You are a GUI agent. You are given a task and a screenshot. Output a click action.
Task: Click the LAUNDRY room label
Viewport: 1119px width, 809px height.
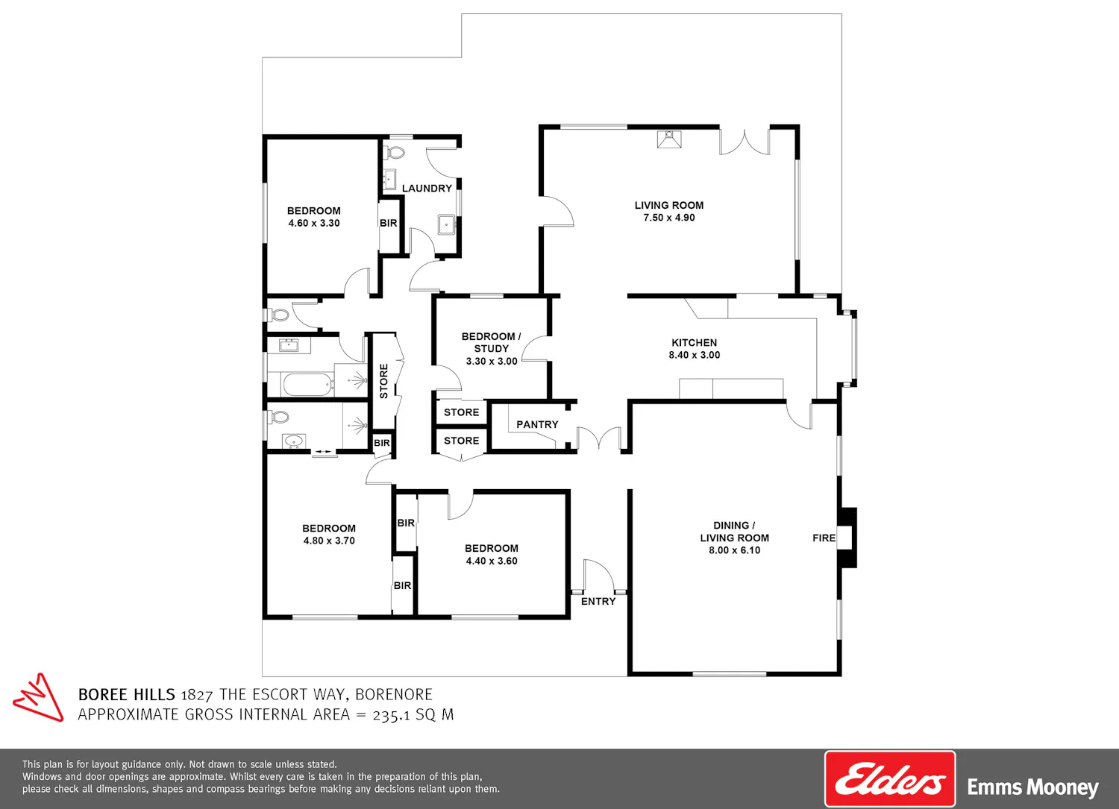pos(427,188)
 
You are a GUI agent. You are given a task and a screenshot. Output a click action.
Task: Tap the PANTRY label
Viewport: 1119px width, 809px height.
pos(537,424)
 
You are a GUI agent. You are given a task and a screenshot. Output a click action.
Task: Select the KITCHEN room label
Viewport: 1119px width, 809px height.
pos(694,342)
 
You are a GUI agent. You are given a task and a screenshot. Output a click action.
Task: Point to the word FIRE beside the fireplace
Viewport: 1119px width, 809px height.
pos(824,538)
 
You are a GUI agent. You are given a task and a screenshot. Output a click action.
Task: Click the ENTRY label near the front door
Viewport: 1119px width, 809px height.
pos(598,601)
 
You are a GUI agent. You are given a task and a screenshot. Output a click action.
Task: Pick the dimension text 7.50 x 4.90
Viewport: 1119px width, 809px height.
pos(669,218)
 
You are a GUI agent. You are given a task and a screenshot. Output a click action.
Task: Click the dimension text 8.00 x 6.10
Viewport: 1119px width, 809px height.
pos(734,550)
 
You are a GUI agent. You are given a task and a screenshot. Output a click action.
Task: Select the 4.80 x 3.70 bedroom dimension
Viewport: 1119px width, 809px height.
pos(329,541)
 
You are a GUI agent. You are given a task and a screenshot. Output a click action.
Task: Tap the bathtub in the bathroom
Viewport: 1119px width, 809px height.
pos(308,385)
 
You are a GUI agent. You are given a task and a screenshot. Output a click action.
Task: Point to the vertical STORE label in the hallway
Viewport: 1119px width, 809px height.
pos(383,381)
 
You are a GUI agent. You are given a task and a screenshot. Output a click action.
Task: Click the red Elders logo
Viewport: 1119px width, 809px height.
pos(890,779)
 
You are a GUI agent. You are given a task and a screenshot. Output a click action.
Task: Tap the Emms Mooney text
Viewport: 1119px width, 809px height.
pos(1032,787)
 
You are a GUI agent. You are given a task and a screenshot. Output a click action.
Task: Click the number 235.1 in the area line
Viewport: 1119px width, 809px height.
pos(391,714)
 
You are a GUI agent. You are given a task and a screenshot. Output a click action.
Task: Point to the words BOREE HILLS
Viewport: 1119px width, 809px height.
pos(126,695)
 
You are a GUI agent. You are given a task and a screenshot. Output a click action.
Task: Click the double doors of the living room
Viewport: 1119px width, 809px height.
pos(745,142)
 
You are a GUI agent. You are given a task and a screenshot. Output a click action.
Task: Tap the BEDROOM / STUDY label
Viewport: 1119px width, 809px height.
pos(491,342)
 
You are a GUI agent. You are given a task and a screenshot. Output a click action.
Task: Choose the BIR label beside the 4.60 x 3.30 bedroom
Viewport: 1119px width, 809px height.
pos(388,223)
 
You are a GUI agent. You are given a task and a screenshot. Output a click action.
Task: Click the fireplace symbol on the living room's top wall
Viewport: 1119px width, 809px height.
pos(669,139)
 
